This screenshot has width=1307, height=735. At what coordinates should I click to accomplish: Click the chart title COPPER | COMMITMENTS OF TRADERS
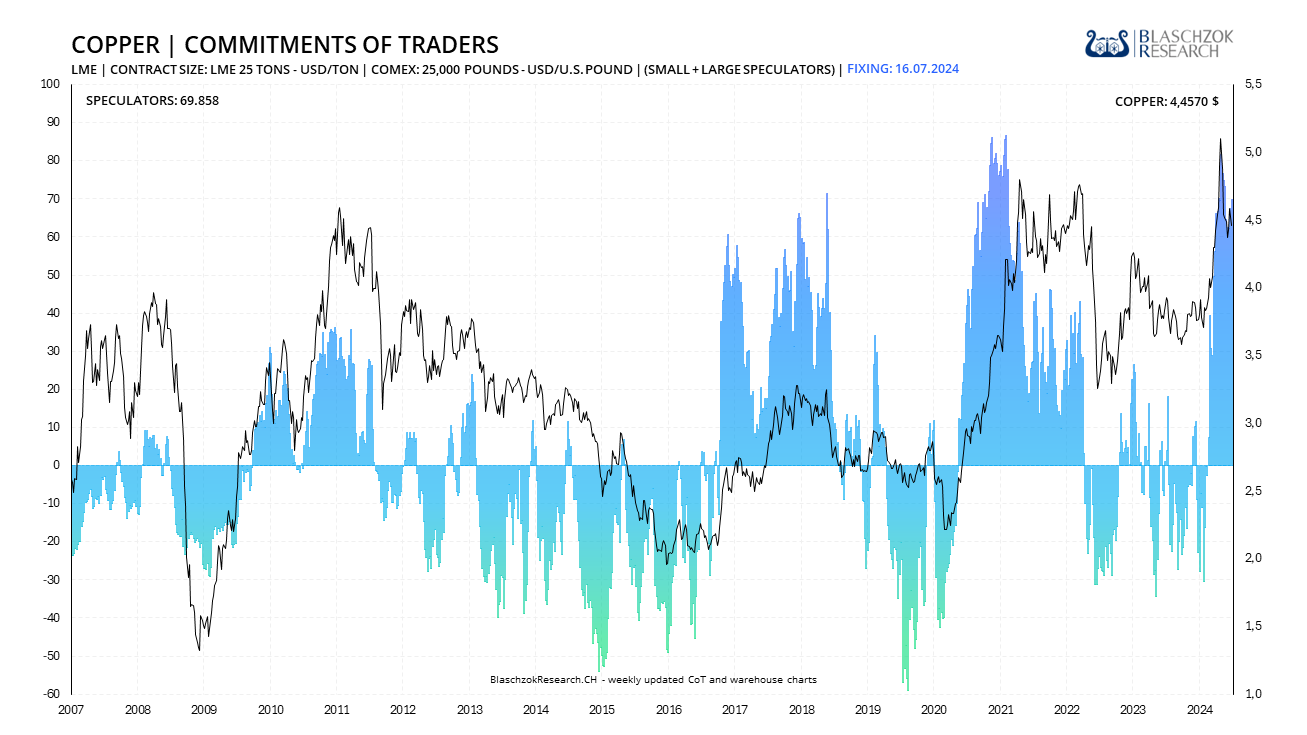click(285, 45)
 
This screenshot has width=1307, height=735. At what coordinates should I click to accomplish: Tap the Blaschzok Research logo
click(1159, 43)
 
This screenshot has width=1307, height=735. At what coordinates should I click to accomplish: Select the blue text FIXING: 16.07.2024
click(903, 69)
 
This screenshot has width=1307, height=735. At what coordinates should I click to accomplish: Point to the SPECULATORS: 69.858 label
click(152, 101)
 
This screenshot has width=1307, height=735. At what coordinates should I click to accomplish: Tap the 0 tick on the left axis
click(58, 465)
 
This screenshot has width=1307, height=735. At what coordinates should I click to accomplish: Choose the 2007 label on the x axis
click(70, 710)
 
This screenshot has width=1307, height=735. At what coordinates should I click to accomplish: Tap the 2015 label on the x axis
click(601, 710)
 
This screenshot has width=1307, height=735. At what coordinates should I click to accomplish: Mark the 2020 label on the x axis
click(933, 710)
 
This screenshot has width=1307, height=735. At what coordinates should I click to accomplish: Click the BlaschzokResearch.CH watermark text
click(653, 680)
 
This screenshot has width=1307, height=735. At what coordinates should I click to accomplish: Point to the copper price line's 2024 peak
click(1220, 140)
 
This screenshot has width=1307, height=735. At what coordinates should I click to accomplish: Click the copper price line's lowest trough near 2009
click(199, 650)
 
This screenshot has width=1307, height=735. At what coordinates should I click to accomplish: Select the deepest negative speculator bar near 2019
click(907, 689)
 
